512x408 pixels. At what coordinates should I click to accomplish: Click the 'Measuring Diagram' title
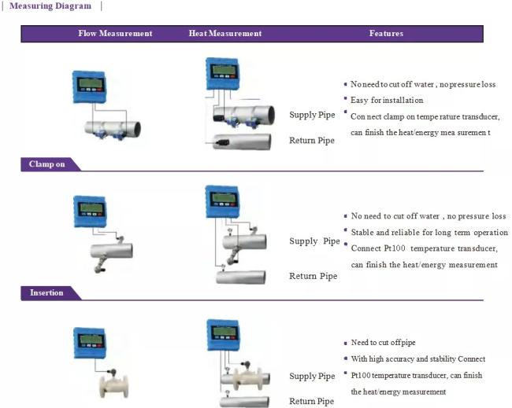(50, 6)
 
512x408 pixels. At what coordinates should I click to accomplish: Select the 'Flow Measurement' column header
(115, 33)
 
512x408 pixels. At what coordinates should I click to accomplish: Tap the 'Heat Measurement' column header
(225, 33)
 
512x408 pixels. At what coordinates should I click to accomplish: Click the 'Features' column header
(386, 33)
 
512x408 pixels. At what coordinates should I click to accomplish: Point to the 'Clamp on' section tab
(46, 164)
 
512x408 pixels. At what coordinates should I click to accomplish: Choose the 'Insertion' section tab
(46, 292)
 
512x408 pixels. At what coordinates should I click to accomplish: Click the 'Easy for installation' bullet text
(387, 100)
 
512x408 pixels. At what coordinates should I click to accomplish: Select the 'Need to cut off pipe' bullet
(383, 343)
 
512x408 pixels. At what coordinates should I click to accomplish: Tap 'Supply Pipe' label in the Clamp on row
(312, 115)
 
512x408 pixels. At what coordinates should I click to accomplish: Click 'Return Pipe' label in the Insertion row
(314, 276)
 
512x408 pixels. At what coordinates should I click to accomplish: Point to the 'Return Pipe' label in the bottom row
(311, 401)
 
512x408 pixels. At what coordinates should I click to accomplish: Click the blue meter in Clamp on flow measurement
(89, 87)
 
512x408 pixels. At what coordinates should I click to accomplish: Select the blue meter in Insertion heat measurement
(222, 202)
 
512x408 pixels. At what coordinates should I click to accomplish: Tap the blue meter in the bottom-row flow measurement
(90, 344)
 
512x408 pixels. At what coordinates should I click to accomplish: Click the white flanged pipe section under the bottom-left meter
(113, 387)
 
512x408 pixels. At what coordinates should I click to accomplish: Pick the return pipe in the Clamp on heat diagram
(242, 142)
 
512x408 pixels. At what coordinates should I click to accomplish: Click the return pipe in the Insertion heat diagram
(241, 278)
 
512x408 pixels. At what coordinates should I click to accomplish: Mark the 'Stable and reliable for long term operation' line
(429, 233)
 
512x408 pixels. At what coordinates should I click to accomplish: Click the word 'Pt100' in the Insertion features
(394, 248)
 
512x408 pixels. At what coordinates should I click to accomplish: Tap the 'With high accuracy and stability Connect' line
(418, 358)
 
